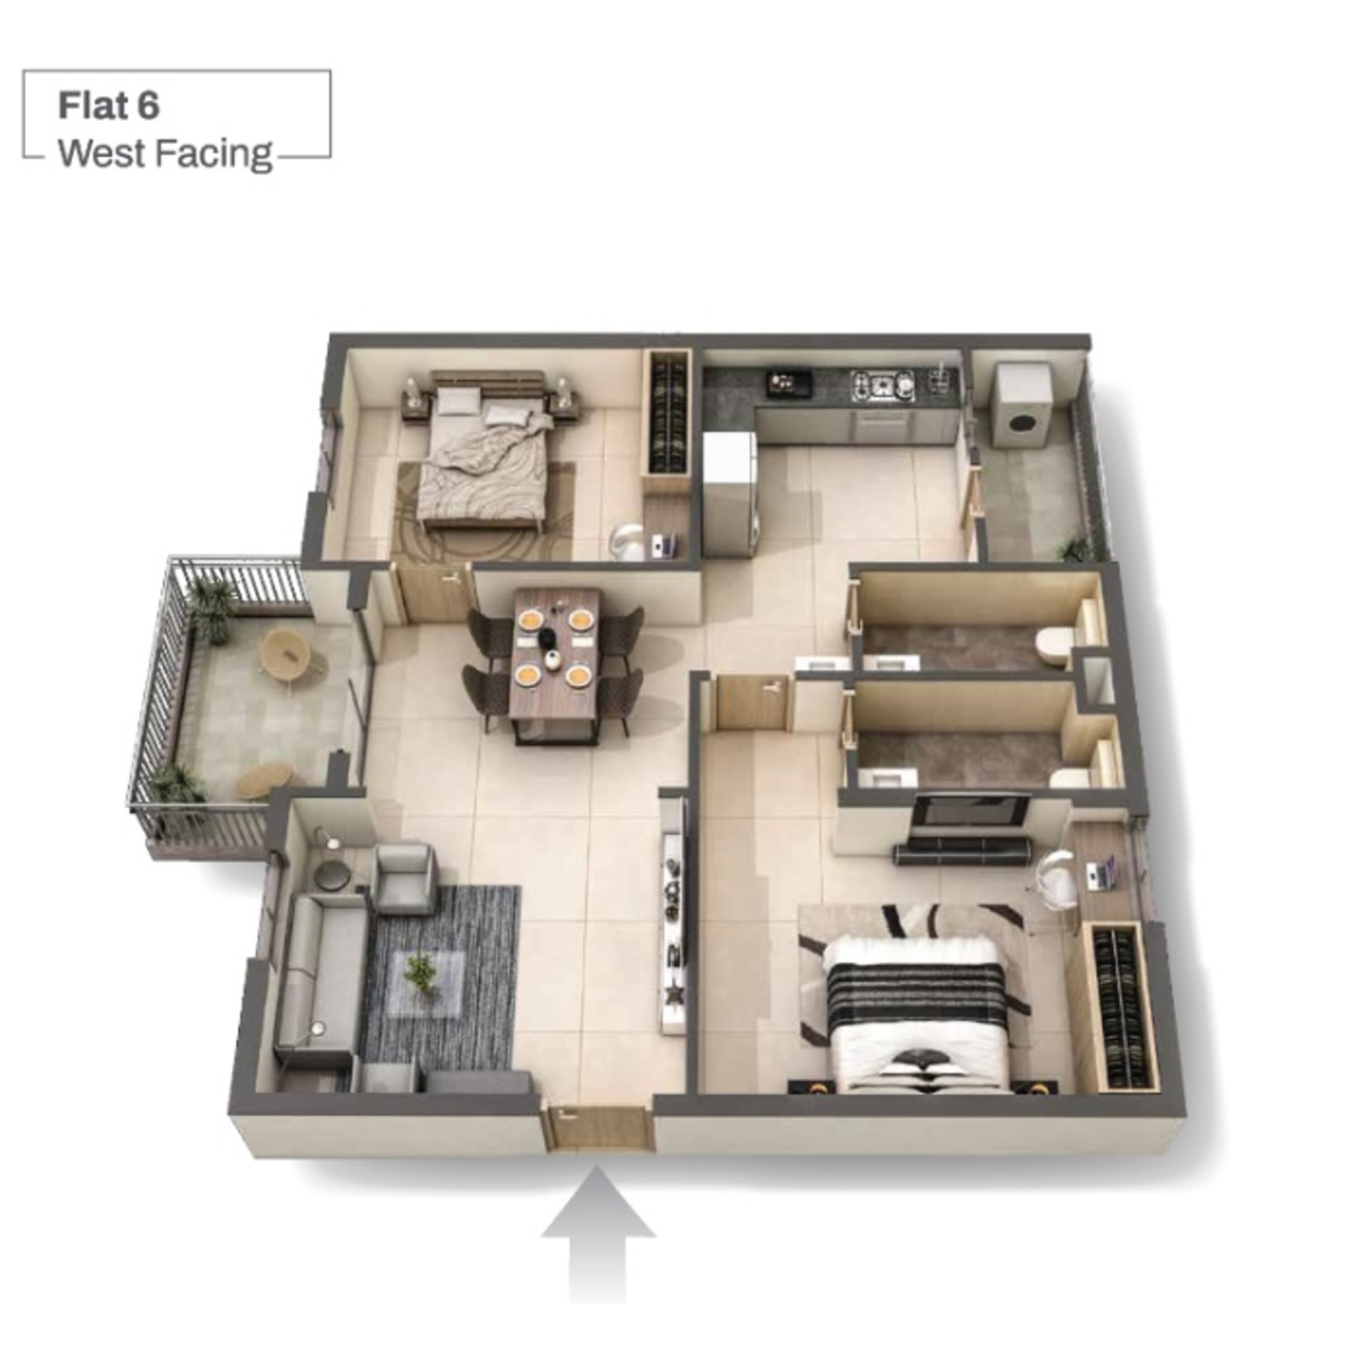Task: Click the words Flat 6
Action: tap(109, 106)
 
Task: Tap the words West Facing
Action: tap(165, 154)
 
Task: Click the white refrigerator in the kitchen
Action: tap(730, 494)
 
